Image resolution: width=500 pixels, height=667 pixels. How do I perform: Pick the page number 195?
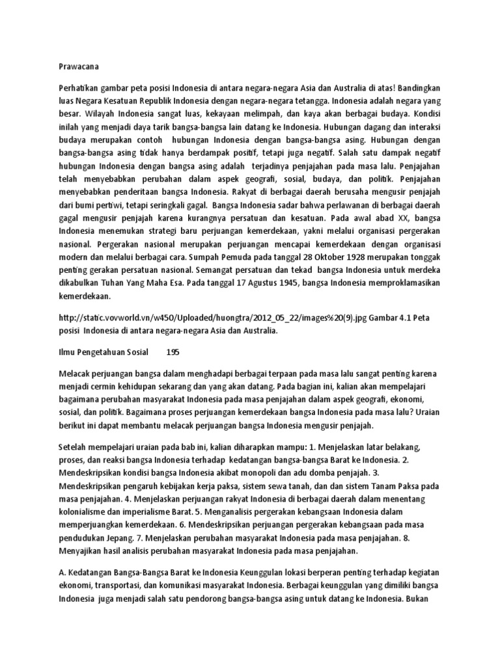173,351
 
